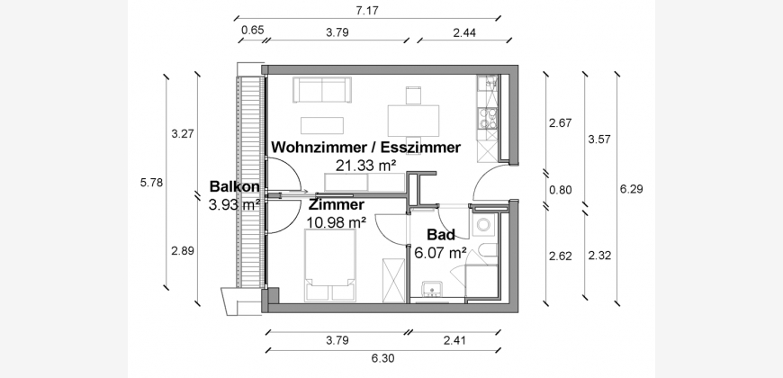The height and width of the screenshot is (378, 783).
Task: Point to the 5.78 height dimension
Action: (x=152, y=183)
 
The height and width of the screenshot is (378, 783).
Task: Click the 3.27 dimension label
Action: (x=182, y=135)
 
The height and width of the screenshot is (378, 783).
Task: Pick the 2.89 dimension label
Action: (x=182, y=250)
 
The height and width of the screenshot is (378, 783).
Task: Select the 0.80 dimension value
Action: (x=559, y=190)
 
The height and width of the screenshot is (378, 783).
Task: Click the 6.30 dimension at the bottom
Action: (x=382, y=357)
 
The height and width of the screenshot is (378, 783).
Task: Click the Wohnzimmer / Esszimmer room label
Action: (x=365, y=147)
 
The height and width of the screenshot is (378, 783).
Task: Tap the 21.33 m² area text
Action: (x=365, y=165)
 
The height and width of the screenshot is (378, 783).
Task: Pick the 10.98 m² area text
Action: (x=336, y=222)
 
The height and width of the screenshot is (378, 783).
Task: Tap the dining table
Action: (x=415, y=117)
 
